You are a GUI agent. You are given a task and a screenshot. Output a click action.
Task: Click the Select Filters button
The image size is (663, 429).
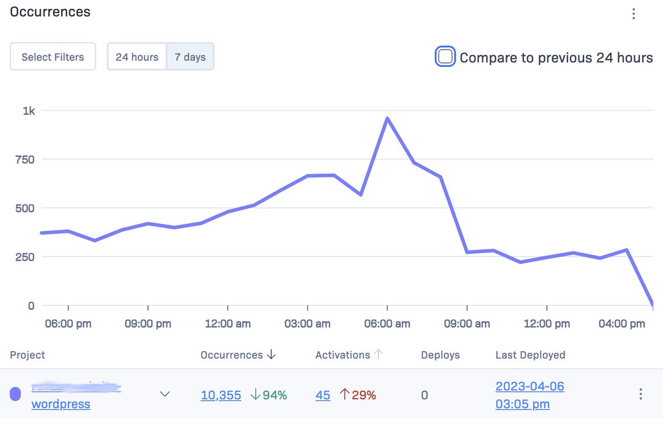[x=52, y=57]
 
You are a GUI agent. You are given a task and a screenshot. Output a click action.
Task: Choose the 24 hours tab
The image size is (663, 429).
[x=137, y=57]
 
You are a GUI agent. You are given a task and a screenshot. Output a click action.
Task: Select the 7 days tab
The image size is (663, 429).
[x=190, y=57]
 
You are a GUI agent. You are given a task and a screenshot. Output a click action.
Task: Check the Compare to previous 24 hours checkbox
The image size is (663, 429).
[x=445, y=57]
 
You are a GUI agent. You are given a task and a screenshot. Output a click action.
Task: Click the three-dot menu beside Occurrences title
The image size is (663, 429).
[x=634, y=14]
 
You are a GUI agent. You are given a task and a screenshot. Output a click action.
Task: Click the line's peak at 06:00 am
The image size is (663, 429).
[x=387, y=118]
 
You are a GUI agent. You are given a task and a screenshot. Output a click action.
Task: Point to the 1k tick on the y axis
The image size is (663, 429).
[x=29, y=111]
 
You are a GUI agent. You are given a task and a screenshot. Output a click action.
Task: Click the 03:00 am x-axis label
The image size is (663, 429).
[x=307, y=324]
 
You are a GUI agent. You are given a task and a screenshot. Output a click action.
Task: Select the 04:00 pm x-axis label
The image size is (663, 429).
[x=622, y=324]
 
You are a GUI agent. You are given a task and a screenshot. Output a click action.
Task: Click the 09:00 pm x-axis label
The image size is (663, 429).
[x=148, y=324]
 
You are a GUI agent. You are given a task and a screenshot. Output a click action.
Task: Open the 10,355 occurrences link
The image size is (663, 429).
[x=221, y=395]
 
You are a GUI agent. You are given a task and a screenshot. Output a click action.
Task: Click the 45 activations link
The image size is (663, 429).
[x=323, y=395]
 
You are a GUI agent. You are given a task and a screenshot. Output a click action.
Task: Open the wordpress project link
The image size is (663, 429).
[x=61, y=404]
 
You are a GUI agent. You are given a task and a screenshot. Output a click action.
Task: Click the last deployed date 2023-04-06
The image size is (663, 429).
[x=529, y=386]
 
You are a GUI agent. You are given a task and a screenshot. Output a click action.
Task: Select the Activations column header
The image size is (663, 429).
[x=343, y=355]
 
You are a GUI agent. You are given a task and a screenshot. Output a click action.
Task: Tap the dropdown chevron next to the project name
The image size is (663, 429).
[x=165, y=394]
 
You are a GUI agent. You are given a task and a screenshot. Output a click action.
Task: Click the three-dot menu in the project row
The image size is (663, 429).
[x=640, y=394]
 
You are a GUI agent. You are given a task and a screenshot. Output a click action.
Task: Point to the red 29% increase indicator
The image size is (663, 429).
[x=357, y=395]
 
